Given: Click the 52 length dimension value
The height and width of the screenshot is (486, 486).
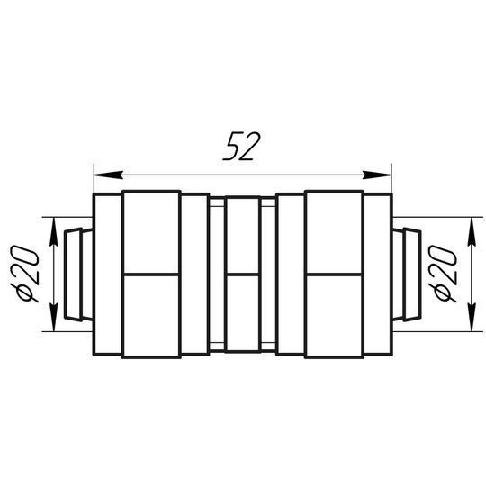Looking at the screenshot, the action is coord(242,147).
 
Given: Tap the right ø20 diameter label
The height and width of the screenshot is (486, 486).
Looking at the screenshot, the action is coord(443,274).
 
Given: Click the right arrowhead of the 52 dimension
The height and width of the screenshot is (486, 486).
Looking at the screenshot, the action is coord(377,175).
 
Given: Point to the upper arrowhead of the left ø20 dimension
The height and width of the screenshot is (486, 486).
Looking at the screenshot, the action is coord(54,231).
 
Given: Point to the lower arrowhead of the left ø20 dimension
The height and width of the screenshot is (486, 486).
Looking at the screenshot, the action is coord(54,317).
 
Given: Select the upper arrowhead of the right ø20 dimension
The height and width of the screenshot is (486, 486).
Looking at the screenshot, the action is coord(472,231).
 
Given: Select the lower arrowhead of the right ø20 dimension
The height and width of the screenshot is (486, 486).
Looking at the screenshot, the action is coord(472,317).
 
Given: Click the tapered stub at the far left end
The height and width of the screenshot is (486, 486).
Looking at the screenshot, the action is coord(78,274).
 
